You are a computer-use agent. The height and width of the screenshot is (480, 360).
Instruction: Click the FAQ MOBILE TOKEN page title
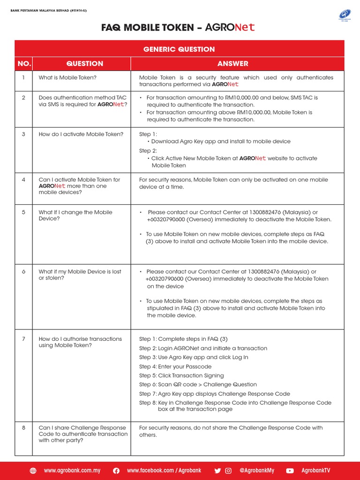[179, 28]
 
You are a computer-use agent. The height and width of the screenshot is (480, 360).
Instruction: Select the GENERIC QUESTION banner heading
[179, 49]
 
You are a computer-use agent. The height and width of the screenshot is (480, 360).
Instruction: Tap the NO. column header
[23, 64]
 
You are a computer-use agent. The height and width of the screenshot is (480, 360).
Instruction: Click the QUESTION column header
[85, 64]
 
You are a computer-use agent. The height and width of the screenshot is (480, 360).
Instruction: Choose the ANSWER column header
[233, 64]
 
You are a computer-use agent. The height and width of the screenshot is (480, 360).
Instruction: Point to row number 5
[23, 212]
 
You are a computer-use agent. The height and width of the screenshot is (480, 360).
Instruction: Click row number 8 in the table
[23, 427]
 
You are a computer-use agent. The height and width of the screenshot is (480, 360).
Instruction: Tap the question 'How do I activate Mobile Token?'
[81, 135]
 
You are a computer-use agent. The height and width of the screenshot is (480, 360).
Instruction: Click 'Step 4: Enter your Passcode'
[175, 367]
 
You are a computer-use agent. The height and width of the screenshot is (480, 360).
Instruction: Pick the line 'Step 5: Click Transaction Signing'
[181, 375]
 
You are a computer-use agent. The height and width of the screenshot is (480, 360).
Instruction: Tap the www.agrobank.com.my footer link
[72, 471]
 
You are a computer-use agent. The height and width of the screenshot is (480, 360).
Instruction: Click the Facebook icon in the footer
[116, 471]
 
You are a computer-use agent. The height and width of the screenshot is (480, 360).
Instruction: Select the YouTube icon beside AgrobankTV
[290, 471]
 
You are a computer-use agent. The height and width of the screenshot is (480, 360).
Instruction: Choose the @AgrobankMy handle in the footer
[257, 471]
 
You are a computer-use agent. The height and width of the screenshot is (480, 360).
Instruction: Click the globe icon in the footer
[33, 471]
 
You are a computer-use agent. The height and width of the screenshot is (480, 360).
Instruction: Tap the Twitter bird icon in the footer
[217, 471]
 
